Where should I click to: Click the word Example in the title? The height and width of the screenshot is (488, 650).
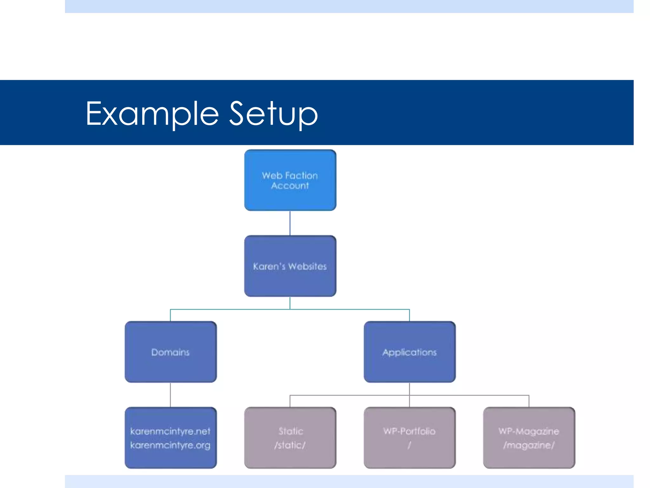(x=152, y=114)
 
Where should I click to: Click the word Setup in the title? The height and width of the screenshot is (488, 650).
(x=273, y=114)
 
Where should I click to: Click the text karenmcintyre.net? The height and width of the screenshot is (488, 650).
(x=170, y=431)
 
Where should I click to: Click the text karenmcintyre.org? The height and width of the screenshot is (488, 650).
(x=170, y=445)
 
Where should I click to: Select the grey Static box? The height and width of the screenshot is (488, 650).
(x=290, y=457)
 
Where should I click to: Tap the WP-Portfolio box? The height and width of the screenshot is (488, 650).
(x=409, y=457)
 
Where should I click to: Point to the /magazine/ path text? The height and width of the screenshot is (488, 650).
(x=529, y=445)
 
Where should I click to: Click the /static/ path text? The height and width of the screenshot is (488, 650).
(x=290, y=445)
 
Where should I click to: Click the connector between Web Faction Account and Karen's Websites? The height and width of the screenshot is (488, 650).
(x=290, y=223)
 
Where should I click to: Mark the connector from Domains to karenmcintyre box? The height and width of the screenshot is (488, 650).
(x=170, y=395)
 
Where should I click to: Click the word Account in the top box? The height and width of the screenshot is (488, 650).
(x=290, y=186)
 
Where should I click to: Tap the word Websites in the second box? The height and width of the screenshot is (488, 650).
(x=308, y=266)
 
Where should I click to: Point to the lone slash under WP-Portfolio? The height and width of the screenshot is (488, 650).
(x=409, y=445)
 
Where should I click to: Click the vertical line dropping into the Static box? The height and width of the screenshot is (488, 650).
(x=290, y=401)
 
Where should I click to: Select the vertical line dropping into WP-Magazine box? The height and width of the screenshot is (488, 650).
(x=529, y=401)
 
